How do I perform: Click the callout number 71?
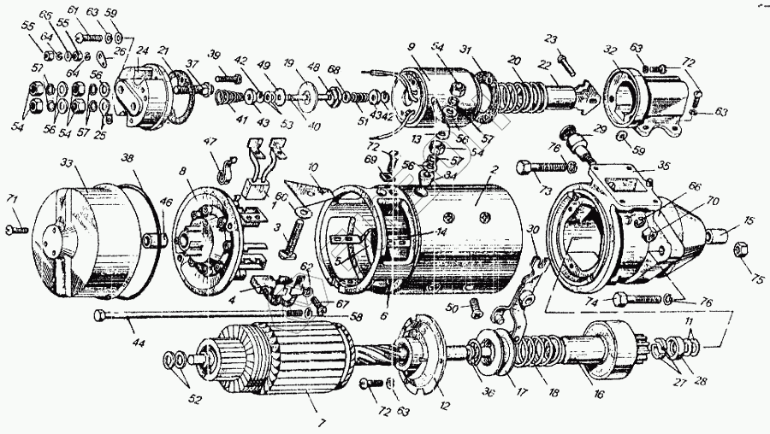coord(12,199)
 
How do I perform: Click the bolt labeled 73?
coord(530,167)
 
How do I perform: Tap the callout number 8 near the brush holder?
coord(182,172)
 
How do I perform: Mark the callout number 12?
coord(444,406)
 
